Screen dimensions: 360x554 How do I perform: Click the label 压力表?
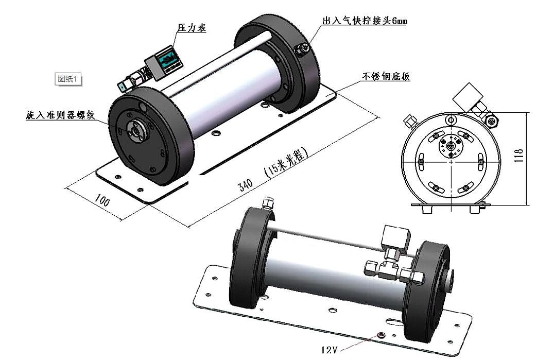coord(192,28)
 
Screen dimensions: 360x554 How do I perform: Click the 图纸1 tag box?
coord(68,79)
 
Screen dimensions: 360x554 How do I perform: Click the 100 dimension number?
coord(102,200)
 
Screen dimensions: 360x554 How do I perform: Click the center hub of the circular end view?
coord(451,147)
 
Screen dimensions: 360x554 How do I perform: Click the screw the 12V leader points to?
coord(380,336)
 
